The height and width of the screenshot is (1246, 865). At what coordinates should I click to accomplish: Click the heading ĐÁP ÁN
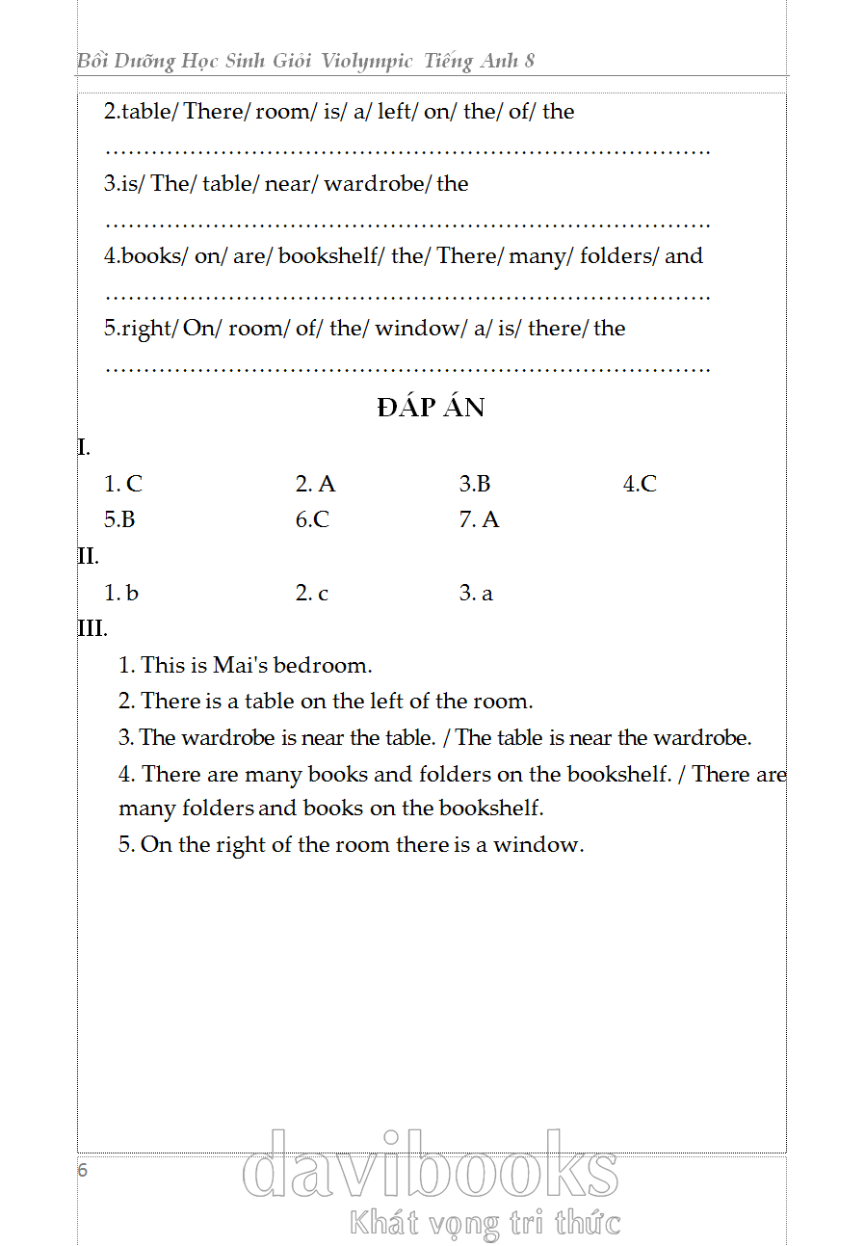pyautogui.click(x=432, y=408)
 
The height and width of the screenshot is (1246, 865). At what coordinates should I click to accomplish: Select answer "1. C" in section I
pyautogui.click(x=123, y=484)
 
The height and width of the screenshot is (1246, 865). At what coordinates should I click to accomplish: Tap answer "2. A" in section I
pyautogui.click(x=315, y=484)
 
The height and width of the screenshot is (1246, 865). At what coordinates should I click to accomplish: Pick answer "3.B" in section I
pyautogui.click(x=475, y=484)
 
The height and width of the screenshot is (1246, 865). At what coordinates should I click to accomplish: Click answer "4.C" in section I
pyautogui.click(x=640, y=484)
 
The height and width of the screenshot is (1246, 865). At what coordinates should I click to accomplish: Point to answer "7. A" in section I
pyautogui.click(x=479, y=520)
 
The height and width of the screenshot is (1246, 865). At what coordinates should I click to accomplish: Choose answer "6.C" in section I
pyautogui.click(x=312, y=520)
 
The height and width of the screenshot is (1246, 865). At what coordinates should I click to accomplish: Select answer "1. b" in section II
pyautogui.click(x=121, y=594)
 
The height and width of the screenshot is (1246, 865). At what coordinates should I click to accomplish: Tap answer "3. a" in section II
pyautogui.click(x=476, y=594)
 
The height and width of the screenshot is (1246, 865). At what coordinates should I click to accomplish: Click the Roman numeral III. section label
pyautogui.click(x=92, y=629)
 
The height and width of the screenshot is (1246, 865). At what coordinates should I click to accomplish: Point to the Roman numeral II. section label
pyautogui.click(x=88, y=556)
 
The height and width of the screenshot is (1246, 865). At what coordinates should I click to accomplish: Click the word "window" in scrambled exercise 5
pyautogui.click(x=416, y=329)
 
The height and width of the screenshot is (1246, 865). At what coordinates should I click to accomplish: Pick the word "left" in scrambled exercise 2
pyautogui.click(x=394, y=112)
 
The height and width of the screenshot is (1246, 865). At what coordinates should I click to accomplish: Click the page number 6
pyautogui.click(x=83, y=1171)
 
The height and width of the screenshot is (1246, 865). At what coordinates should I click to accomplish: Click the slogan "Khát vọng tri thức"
pyautogui.click(x=485, y=1223)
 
